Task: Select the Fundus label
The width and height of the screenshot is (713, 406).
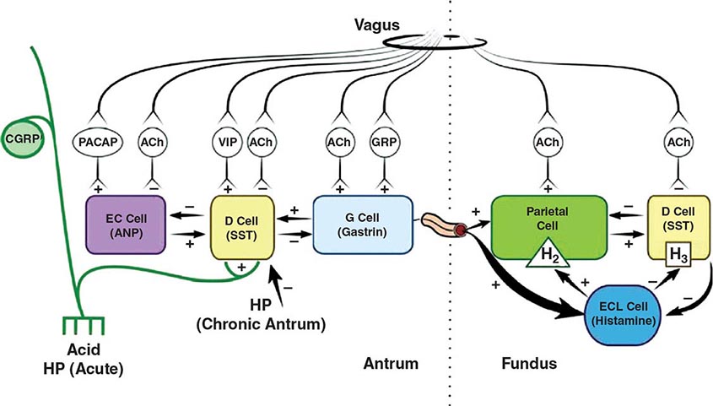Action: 522,364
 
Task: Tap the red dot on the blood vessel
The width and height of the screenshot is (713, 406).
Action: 461,230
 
